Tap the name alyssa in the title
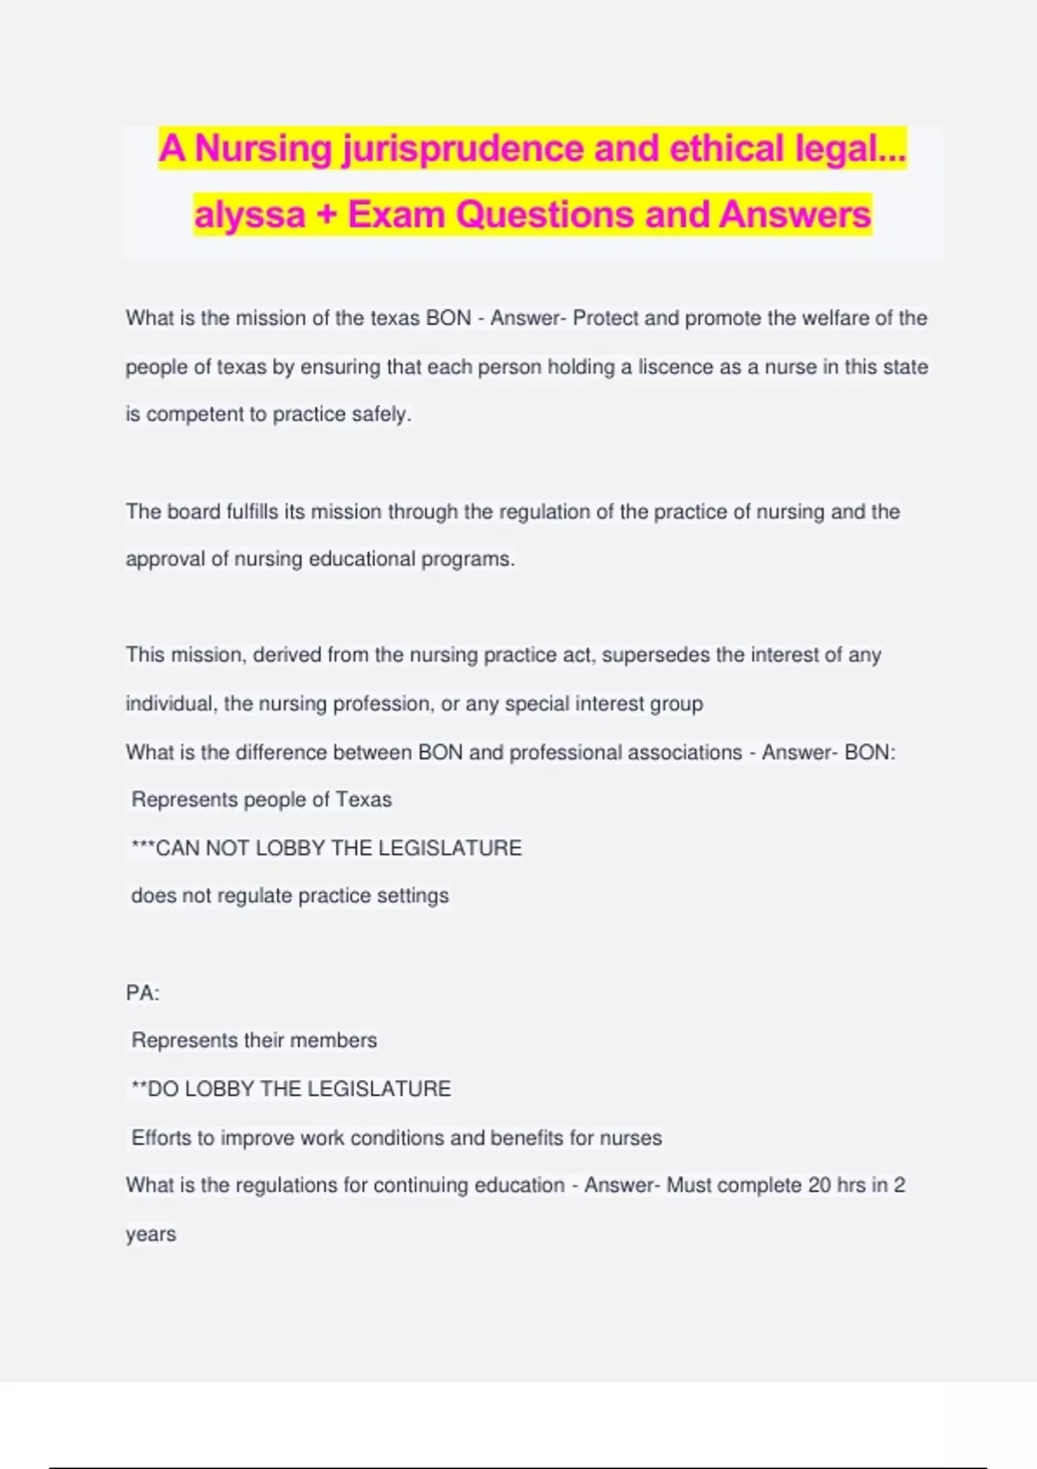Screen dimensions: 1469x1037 (x=250, y=215)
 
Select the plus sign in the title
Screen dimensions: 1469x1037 (x=326, y=215)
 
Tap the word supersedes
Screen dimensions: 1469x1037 (x=656, y=655)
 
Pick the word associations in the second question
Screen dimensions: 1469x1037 (x=684, y=753)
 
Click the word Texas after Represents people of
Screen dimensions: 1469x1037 (x=363, y=800)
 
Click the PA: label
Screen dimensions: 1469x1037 (x=143, y=993)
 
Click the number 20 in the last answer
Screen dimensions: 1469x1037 (x=819, y=1186)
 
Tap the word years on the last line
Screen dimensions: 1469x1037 (x=150, y=1235)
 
